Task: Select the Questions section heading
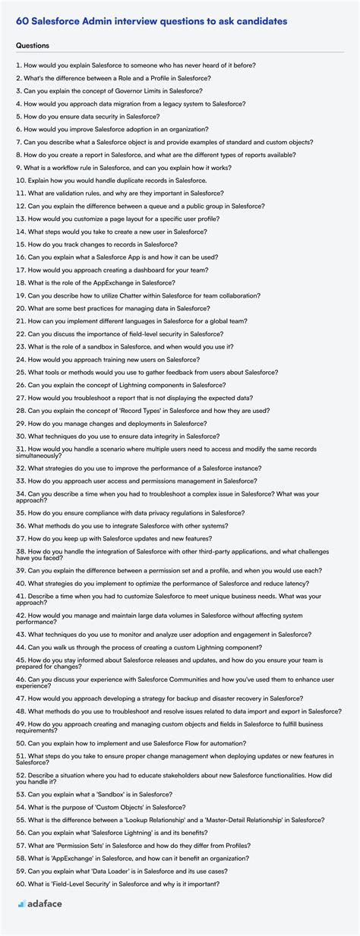(x=32, y=46)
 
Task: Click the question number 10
(x=20, y=180)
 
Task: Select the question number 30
(x=20, y=436)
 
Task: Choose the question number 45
(x=20, y=660)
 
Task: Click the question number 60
(x=20, y=884)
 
